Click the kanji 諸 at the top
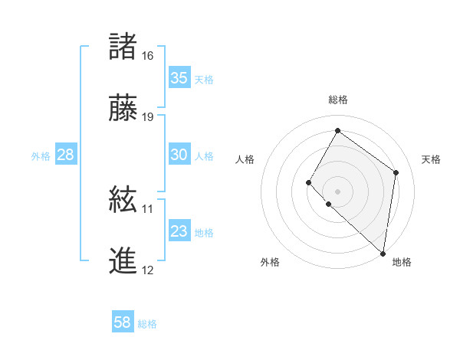coord(123,47)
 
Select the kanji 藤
coord(123,108)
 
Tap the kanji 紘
coord(123,200)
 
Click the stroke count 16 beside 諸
coord(148,56)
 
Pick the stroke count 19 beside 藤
coord(148,117)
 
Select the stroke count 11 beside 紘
coord(148,208)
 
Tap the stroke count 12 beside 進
coord(148,270)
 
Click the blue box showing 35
coord(179,78)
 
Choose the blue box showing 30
coord(179,155)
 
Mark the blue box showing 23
coord(179,231)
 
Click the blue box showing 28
coord(66,155)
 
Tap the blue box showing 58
coord(123,322)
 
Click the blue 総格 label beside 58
coord(147,324)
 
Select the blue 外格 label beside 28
coord(41,155)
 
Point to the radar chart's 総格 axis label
coord(338,100)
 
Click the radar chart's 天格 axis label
coord(431,159)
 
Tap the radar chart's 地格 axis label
coord(402,262)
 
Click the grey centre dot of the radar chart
coord(337,191)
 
